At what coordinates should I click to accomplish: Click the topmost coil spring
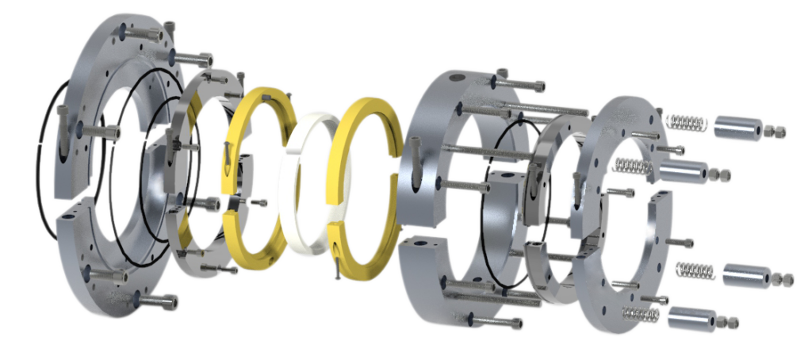686,123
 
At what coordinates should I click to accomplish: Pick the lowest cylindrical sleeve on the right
691,319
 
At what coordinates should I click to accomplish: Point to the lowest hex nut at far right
731,322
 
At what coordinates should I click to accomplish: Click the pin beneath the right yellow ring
338,270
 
